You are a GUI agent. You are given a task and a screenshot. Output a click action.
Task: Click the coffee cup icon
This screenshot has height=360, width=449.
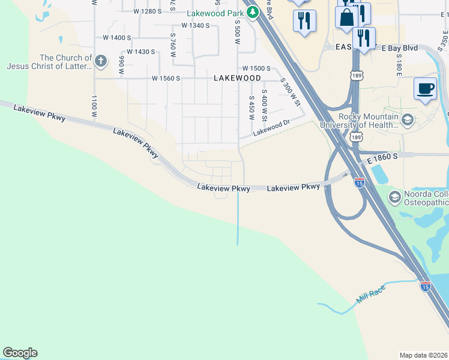pos(426,88)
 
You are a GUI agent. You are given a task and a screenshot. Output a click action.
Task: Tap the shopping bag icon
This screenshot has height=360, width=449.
pos(347,17)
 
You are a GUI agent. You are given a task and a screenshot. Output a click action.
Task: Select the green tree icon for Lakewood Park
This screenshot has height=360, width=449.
pos(253,11)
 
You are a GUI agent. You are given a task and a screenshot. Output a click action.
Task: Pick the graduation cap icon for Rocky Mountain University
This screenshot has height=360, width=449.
pos(408,121)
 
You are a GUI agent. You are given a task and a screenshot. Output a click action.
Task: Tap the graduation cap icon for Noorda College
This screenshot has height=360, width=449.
pos(395,197)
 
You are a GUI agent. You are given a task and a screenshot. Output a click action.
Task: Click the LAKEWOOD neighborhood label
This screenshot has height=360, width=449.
pos(238,78)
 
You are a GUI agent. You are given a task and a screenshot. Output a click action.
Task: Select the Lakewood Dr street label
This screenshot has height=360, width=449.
pos(271,127)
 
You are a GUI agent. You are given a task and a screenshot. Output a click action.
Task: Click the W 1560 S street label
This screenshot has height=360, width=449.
pos(166,78)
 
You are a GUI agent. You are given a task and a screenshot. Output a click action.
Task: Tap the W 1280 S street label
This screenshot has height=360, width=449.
pos(148,11)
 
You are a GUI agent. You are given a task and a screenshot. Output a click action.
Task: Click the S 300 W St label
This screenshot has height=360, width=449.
pos(290,91)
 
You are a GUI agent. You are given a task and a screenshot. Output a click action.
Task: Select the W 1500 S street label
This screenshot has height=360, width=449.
pos(256,69)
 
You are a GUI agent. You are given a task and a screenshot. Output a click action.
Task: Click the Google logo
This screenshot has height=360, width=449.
pos(20,353)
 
